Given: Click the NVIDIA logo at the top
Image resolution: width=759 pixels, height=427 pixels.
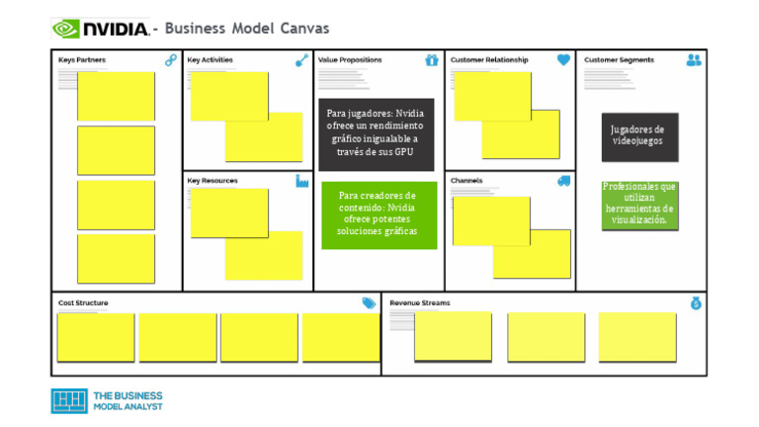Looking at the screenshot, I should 100,29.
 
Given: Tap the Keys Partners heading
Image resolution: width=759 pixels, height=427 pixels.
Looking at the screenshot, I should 82,60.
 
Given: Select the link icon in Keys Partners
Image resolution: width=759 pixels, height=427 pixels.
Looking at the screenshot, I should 171,60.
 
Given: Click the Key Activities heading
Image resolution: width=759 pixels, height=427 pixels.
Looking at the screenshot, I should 211,60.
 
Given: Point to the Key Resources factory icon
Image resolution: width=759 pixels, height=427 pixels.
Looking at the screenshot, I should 302,181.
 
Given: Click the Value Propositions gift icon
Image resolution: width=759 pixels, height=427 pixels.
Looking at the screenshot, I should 432,60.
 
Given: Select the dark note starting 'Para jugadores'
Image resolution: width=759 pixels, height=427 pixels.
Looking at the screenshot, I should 376,131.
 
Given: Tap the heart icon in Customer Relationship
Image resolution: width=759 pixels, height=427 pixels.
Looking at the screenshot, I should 563,60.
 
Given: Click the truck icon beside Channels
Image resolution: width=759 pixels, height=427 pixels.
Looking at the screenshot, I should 563,181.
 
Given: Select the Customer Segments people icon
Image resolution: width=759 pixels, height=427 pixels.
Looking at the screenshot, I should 694,60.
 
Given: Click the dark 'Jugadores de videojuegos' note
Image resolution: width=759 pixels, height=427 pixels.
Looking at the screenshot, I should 639,135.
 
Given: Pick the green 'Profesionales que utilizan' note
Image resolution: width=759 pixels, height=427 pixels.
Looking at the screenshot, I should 639,204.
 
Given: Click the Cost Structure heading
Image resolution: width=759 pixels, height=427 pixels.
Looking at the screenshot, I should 84,302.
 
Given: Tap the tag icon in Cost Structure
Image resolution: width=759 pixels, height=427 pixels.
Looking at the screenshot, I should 369,303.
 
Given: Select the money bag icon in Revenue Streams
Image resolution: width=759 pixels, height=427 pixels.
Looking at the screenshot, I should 695,303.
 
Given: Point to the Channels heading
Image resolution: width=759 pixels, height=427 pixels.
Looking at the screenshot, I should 466,181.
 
